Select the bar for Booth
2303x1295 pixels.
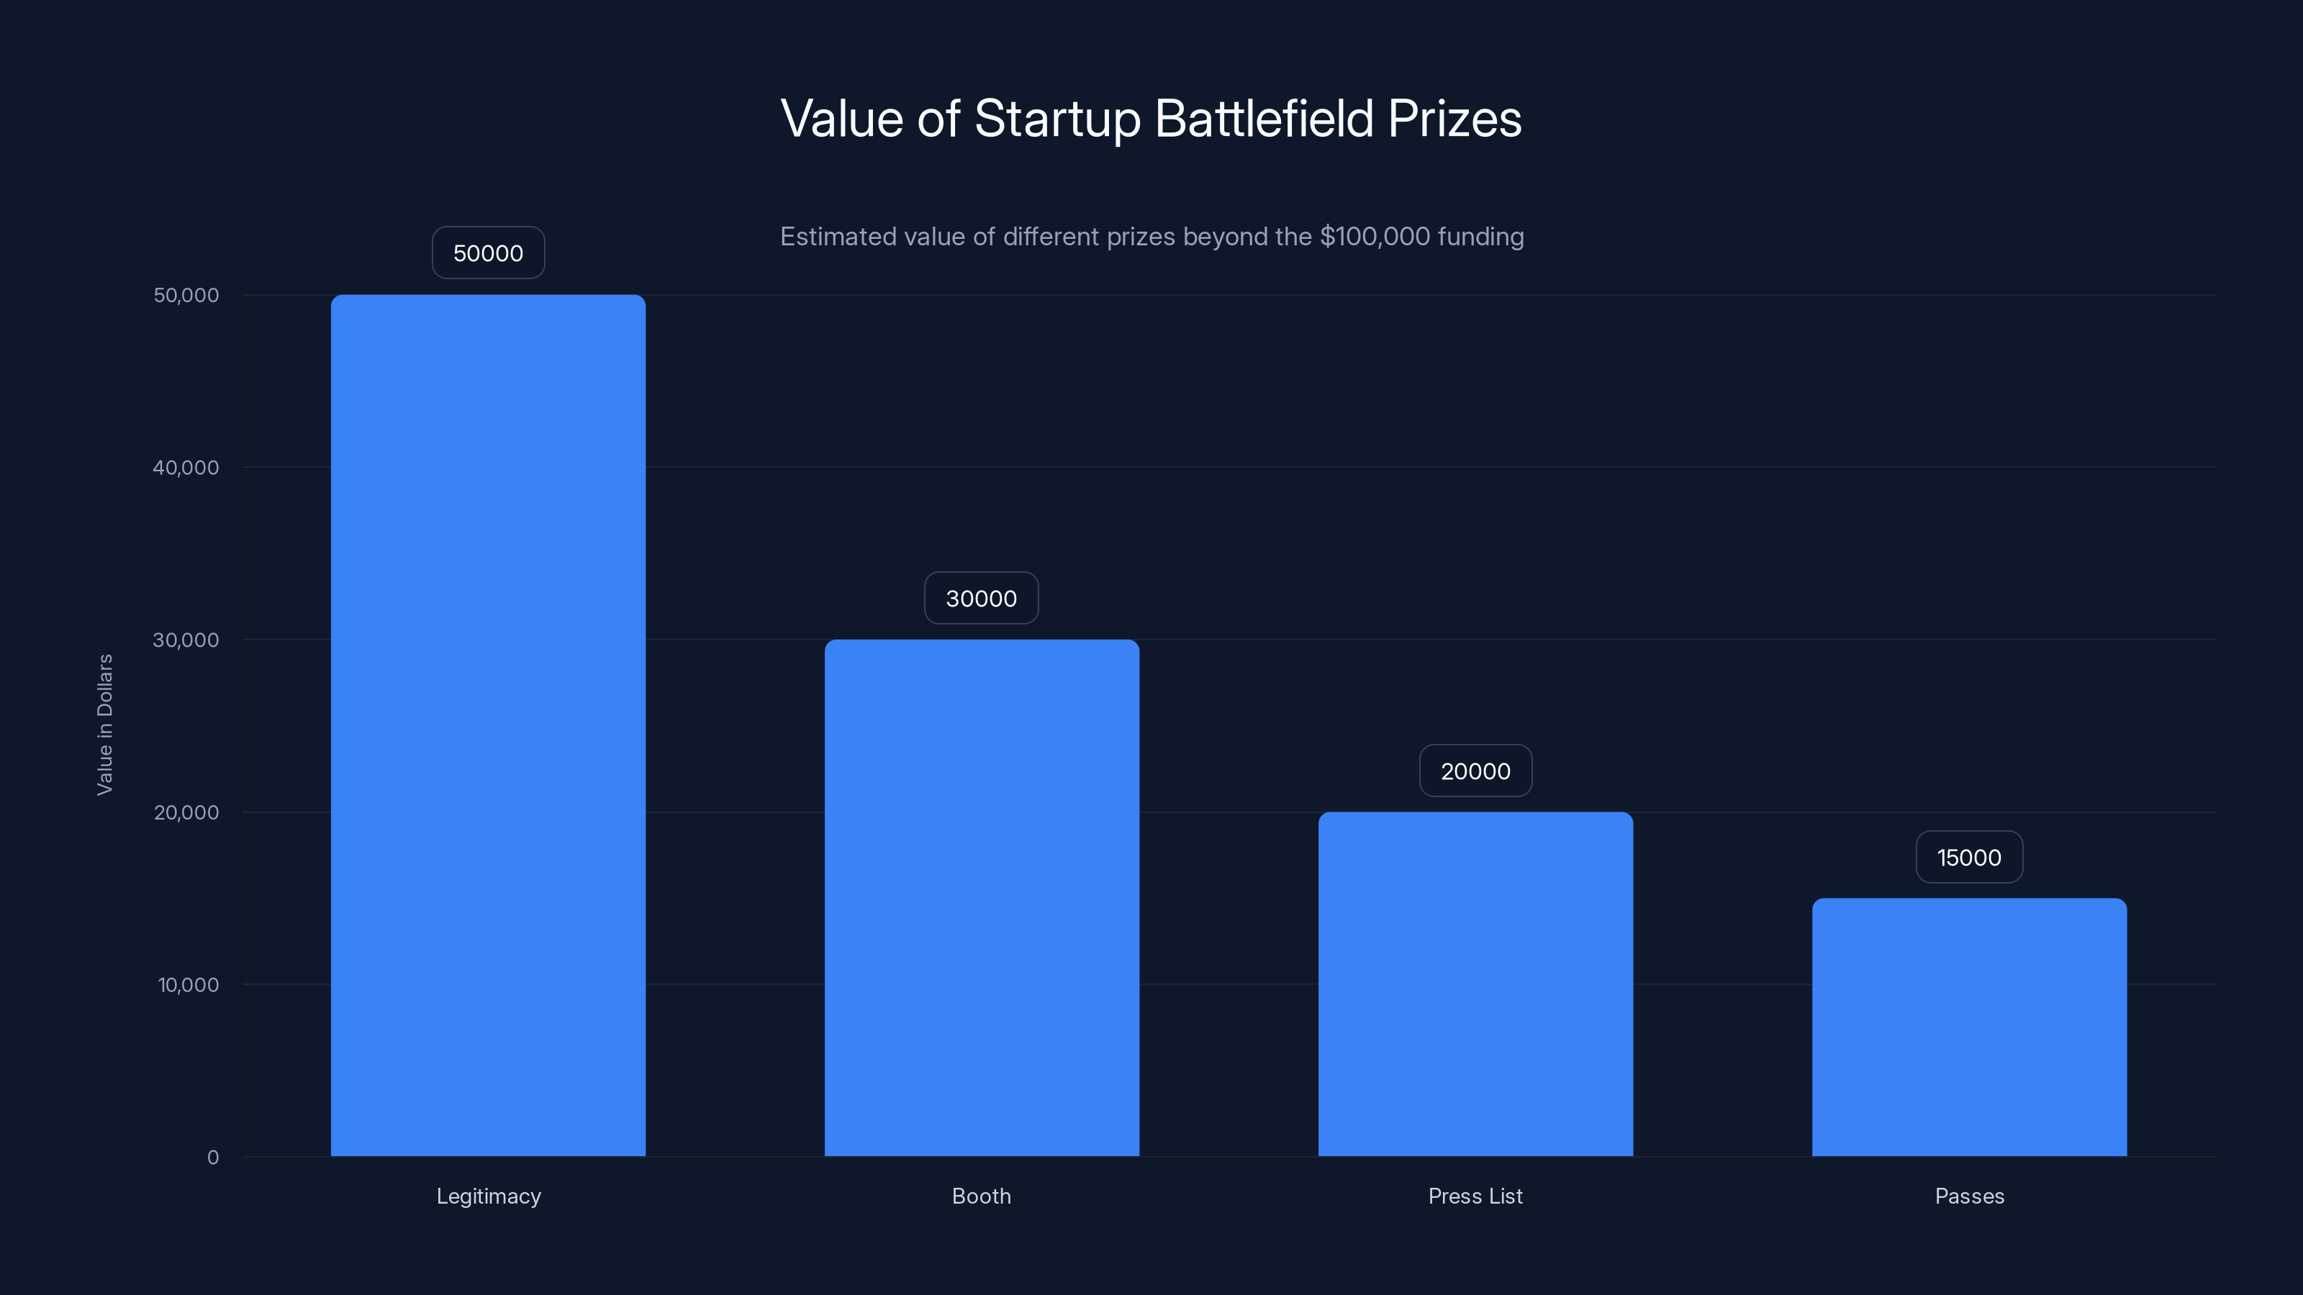tap(982, 897)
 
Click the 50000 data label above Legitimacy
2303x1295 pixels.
tap(488, 253)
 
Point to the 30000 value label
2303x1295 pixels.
tap(982, 598)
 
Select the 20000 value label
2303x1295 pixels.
tap(1475, 771)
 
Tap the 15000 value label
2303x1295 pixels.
tap(1968, 857)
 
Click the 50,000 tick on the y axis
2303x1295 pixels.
tap(186, 295)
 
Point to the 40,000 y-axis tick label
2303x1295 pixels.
tap(186, 468)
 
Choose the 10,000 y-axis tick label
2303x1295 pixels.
tap(188, 985)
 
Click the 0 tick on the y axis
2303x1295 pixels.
tap(213, 1158)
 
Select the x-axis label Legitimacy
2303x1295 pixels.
tap(488, 1196)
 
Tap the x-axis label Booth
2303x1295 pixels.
tap(982, 1196)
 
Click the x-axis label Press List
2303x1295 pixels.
tap(1475, 1196)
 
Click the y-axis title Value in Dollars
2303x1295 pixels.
tap(104, 724)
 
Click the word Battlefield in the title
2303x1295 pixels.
tap(1263, 118)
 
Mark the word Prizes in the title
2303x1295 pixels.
tap(1454, 118)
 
